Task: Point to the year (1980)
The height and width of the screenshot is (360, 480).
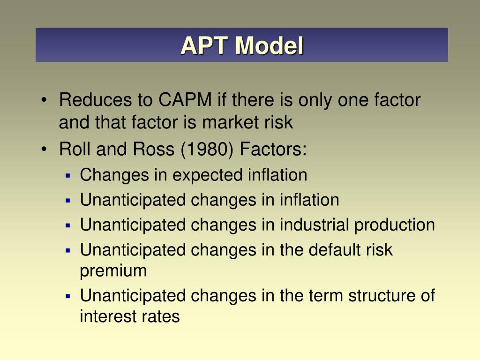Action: [211, 150]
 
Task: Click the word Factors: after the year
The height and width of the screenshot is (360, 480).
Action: [273, 150]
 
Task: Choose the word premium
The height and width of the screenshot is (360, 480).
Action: [113, 271]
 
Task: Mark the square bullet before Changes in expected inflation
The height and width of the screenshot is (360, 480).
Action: [68, 176]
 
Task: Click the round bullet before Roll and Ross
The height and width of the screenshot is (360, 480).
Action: [44, 150]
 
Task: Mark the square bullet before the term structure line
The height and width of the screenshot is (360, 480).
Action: [68, 296]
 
